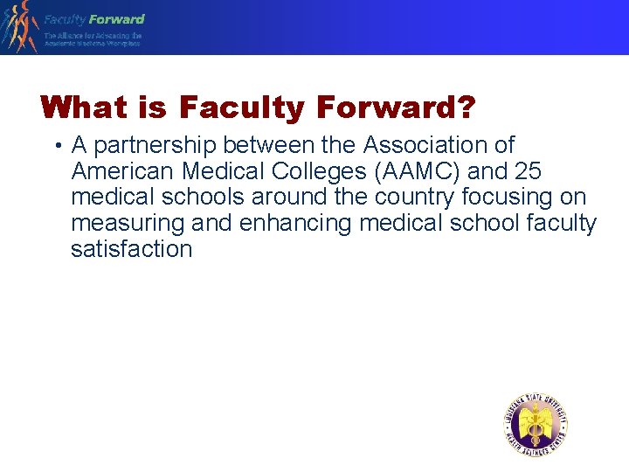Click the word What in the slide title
pyautogui.click(x=84, y=108)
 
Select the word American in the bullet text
pyautogui.click(x=123, y=170)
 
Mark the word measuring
pyautogui.click(x=128, y=224)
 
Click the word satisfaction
pyautogui.click(x=131, y=249)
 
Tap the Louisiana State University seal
pyautogui.click(x=536, y=426)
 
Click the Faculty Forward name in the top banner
pyautogui.click(x=94, y=19)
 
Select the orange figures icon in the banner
pyautogui.click(x=19, y=26)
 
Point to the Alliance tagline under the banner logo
pyautogui.click(x=93, y=39)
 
